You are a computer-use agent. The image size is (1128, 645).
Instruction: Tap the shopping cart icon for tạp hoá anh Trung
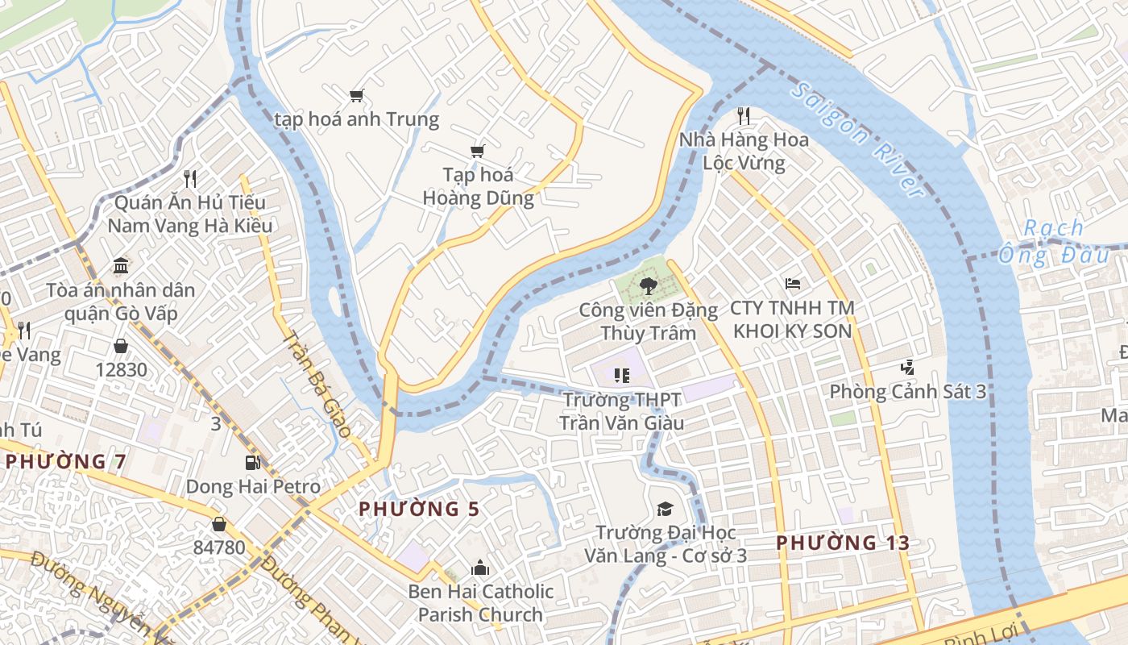coord(356,96)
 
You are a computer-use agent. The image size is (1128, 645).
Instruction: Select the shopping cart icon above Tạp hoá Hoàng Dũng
coord(478,151)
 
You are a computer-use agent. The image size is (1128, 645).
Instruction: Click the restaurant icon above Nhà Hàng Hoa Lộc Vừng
coord(743,116)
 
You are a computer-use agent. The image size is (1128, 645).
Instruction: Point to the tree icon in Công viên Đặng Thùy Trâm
coord(647,285)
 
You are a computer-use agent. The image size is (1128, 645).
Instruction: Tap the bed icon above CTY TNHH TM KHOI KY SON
coord(793,284)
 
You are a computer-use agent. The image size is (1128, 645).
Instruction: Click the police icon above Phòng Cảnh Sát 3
coord(908,368)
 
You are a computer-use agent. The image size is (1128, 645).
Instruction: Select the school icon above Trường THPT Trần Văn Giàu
coord(620,375)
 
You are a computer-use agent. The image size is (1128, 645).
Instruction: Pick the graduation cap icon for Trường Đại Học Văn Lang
coord(665,509)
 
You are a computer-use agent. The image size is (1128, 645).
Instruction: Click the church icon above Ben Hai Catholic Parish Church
coord(480,568)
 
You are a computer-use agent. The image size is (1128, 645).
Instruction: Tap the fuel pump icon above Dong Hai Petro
coord(253,463)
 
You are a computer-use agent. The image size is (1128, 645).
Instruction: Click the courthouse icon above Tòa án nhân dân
coord(121,266)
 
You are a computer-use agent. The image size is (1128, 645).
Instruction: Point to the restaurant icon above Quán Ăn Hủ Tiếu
coord(190,178)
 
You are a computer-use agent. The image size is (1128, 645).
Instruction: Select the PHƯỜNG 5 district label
coord(419,510)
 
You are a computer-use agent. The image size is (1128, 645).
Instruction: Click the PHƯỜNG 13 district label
coord(843,543)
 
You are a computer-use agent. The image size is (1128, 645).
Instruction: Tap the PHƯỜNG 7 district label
coord(66,462)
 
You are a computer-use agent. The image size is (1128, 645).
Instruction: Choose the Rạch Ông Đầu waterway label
coord(1053,242)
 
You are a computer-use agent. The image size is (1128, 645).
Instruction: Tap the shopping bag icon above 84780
coord(218,524)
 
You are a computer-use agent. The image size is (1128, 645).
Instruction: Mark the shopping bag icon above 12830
coord(121,346)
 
